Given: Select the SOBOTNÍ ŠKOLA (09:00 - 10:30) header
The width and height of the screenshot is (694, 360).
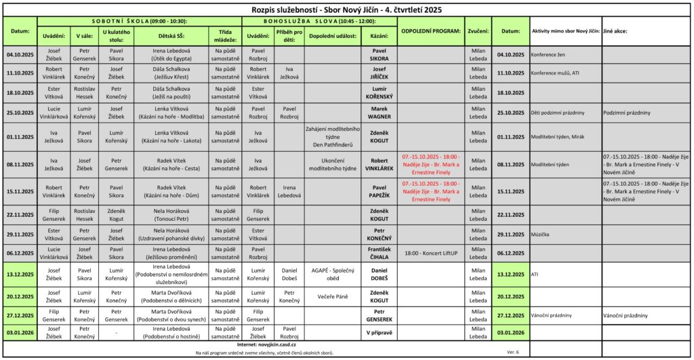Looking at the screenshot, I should (140, 21).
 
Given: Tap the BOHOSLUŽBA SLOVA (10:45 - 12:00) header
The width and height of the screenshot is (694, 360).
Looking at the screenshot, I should (319, 21).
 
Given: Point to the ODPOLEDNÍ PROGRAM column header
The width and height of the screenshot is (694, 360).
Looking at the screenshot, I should (430, 31).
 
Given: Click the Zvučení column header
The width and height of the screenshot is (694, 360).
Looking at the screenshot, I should (478, 31).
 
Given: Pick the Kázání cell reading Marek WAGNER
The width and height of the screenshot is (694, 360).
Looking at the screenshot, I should (380, 113).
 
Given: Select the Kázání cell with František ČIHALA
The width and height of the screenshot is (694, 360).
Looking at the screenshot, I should (380, 253).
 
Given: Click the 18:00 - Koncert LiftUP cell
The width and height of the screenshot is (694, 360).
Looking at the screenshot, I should (430, 253).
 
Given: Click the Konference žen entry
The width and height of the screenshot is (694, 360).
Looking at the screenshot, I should (550, 54).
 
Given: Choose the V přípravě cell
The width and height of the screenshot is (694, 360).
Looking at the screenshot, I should (380, 333).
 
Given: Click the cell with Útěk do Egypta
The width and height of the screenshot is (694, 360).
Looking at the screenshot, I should (171, 54).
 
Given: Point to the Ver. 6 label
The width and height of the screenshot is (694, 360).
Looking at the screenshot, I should (513, 352).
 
